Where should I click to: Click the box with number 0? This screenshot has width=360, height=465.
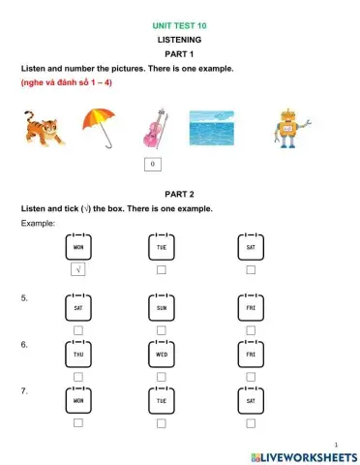[x=153, y=165]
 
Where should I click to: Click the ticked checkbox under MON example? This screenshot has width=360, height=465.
[x=78, y=269]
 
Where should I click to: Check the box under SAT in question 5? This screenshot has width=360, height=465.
[x=78, y=329]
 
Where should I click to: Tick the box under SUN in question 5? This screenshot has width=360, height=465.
[x=161, y=329]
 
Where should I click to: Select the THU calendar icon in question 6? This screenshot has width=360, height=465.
[x=78, y=354]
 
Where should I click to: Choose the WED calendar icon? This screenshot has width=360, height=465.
[x=161, y=354]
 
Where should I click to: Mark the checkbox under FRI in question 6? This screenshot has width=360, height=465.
[x=251, y=376]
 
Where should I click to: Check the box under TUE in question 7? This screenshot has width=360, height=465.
[x=161, y=422]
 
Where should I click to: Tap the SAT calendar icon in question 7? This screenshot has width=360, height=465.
[x=251, y=399]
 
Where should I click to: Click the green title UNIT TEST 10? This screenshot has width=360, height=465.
[x=180, y=25]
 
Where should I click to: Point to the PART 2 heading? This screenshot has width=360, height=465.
[x=180, y=194]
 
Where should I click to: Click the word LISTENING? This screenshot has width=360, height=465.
[x=180, y=40]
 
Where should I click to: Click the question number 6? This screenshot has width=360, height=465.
[x=24, y=345]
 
